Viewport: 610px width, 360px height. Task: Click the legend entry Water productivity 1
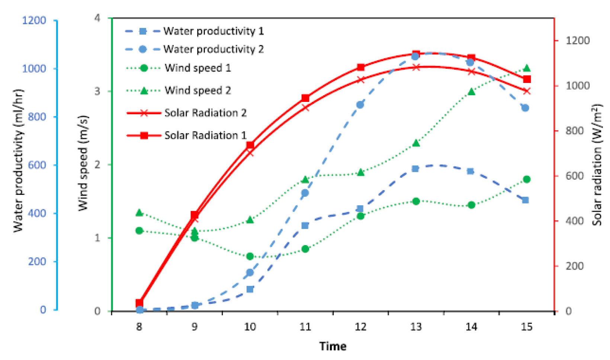pos(213,31)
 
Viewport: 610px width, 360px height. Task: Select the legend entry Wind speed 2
pos(198,90)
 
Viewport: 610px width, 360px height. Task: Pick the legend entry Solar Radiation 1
pos(205,135)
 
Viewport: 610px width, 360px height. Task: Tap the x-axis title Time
pos(333,346)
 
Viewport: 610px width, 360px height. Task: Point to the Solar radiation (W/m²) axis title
pos(597,164)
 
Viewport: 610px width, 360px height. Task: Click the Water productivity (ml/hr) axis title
pos(18,160)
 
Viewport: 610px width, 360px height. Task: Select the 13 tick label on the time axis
pos(416,327)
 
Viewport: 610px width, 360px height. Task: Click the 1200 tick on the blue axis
pos(34,20)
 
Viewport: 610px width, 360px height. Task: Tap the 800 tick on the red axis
pos(574,131)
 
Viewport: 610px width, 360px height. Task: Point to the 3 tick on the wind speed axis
pos(97,91)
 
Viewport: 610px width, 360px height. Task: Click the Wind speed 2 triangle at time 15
pos(526,68)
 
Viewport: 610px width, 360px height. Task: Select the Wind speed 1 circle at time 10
pos(250,257)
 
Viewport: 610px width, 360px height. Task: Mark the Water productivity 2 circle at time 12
pos(360,105)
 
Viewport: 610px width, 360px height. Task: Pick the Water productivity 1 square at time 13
pos(415,169)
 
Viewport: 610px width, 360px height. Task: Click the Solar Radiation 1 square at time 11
pos(305,98)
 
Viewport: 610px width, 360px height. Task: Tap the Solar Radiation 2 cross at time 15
pos(526,91)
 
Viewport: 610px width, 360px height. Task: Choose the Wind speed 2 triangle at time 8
pos(139,213)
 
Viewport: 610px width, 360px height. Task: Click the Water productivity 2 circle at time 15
pos(525,108)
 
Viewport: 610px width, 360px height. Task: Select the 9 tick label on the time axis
pos(195,327)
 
